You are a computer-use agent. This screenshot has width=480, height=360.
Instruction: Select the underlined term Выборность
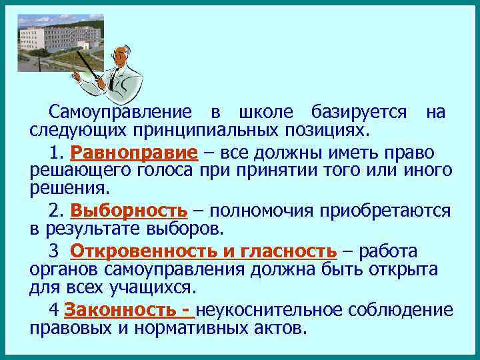[x=129, y=211]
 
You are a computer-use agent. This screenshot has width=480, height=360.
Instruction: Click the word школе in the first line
[x=265, y=111]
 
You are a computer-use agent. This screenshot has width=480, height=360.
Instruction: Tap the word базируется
[x=358, y=111]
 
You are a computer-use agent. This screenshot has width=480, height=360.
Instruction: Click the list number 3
[x=53, y=251]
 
